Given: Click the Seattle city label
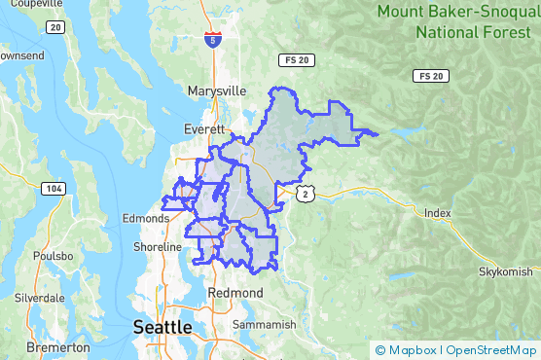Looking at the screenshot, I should [x=162, y=327].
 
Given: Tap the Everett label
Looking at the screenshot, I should [x=204, y=128].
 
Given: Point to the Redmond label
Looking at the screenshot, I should [x=235, y=292].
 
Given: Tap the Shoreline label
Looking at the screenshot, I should [x=158, y=247].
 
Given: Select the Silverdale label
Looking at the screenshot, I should [x=39, y=298].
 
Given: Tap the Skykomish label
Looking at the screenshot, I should [x=506, y=271].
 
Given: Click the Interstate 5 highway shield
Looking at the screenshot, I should [x=212, y=40].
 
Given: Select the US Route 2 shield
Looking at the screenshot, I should [x=307, y=195].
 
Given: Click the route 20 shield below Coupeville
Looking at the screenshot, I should [x=55, y=27].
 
